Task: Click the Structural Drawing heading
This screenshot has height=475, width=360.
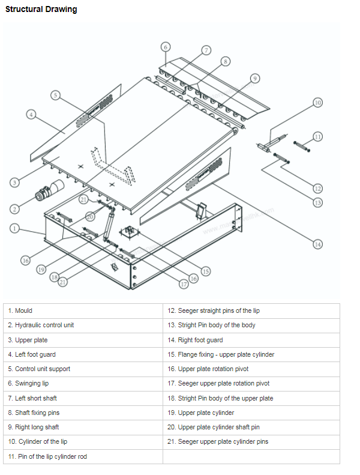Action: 41,10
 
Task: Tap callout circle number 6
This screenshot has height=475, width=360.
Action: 166,47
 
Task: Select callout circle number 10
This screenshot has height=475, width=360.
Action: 317,103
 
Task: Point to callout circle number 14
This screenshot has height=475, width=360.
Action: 317,243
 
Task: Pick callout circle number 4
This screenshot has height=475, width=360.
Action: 31,114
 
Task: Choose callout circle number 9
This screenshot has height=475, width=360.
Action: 254,79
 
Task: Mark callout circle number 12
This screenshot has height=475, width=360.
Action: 317,188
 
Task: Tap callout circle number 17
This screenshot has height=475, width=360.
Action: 183,283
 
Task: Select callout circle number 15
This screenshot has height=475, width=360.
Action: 205,271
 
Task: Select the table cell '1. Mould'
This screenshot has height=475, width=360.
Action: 83,310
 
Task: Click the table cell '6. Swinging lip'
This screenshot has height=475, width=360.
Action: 83,383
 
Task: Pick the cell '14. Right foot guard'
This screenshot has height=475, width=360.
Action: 251,340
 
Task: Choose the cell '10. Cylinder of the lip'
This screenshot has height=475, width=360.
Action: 83,441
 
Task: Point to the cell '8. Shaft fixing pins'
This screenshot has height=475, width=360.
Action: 83,413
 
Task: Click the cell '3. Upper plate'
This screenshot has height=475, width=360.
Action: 83,340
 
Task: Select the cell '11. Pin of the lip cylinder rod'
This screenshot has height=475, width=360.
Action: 83,456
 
